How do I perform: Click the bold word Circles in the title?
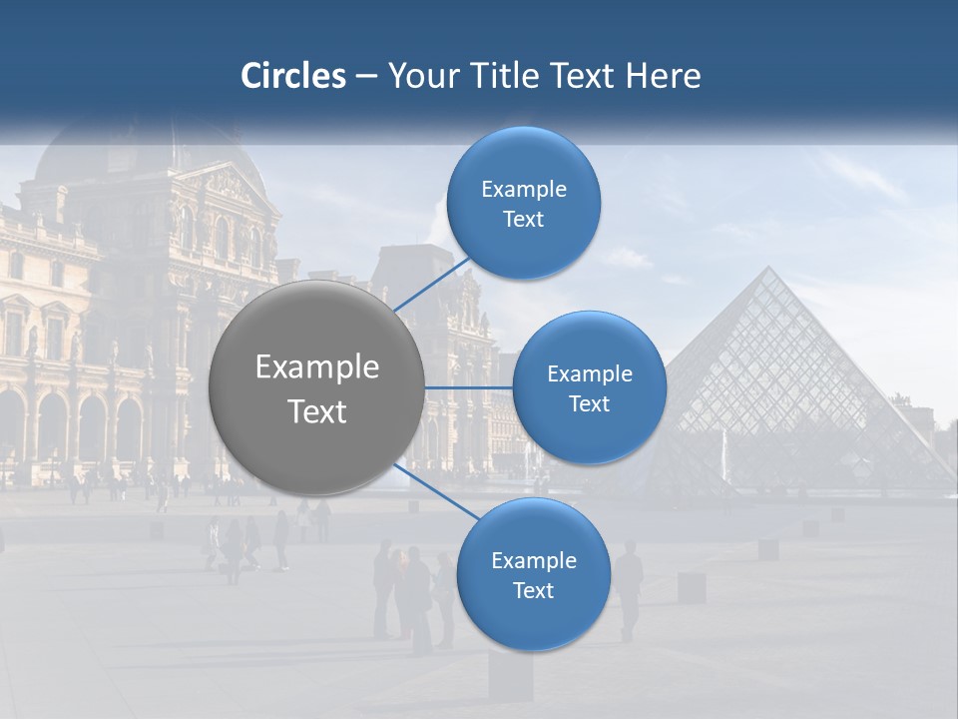[x=293, y=76]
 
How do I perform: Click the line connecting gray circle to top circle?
[x=433, y=282]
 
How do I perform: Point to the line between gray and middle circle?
[x=469, y=387]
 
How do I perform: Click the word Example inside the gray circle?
[x=317, y=367]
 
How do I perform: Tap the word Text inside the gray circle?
[x=317, y=411]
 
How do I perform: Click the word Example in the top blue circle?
[x=524, y=190]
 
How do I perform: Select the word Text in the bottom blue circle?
[x=533, y=590]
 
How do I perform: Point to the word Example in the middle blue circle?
[x=590, y=374]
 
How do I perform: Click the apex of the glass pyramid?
[x=768, y=268]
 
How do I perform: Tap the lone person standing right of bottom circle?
[x=628, y=589]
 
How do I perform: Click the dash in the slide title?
[x=366, y=77]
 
